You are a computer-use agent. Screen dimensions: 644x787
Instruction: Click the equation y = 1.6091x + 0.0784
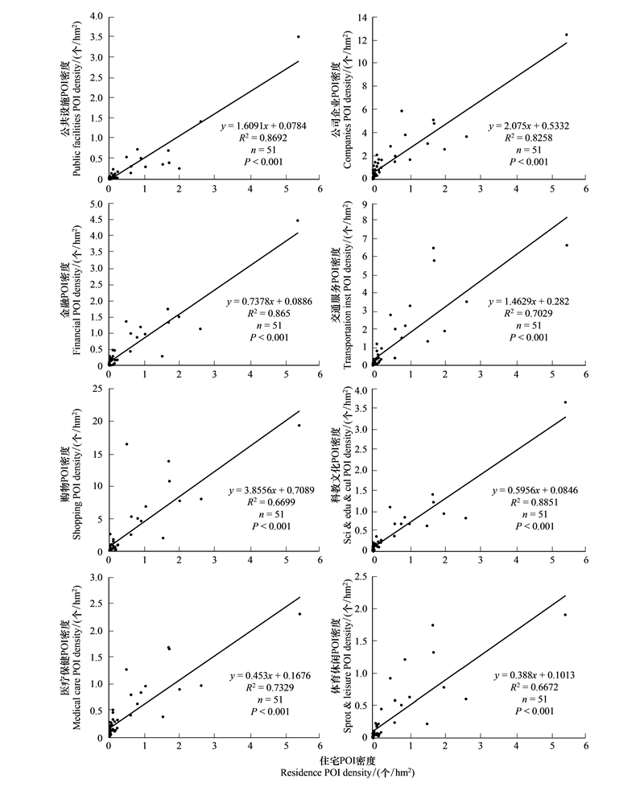point(263,126)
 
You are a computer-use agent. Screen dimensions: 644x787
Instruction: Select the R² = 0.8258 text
point(529,138)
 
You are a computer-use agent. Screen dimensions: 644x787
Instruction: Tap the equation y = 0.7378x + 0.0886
point(269,302)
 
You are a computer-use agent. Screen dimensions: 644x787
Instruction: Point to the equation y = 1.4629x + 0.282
point(529,302)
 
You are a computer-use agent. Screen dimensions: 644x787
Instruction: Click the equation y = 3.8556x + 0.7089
point(271,490)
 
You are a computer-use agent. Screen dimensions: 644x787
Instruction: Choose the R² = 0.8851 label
point(535,502)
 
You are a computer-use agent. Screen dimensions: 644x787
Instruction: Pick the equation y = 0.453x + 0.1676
point(270,676)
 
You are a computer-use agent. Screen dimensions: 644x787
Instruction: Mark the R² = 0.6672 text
point(535,686)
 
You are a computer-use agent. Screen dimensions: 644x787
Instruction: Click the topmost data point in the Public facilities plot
point(298,37)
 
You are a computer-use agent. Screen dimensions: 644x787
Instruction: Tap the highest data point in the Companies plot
point(566,35)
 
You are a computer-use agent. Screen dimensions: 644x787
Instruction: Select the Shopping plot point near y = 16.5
point(126,443)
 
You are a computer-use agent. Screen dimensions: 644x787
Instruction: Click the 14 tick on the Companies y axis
point(362,18)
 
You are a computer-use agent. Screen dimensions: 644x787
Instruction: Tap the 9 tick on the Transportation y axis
point(365,204)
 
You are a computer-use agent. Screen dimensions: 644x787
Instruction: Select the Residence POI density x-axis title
point(347,767)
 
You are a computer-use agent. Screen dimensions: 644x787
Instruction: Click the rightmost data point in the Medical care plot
point(299,614)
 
